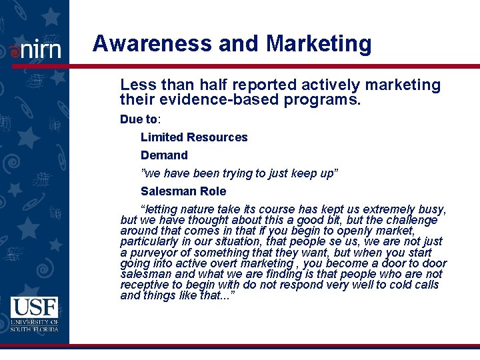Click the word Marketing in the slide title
click(x=318, y=44)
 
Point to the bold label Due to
click(x=139, y=119)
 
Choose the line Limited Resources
click(x=194, y=137)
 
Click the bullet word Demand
click(x=164, y=155)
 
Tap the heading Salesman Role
click(x=183, y=191)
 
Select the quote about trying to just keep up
click(x=240, y=173)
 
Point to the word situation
click(x=228, y=241)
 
